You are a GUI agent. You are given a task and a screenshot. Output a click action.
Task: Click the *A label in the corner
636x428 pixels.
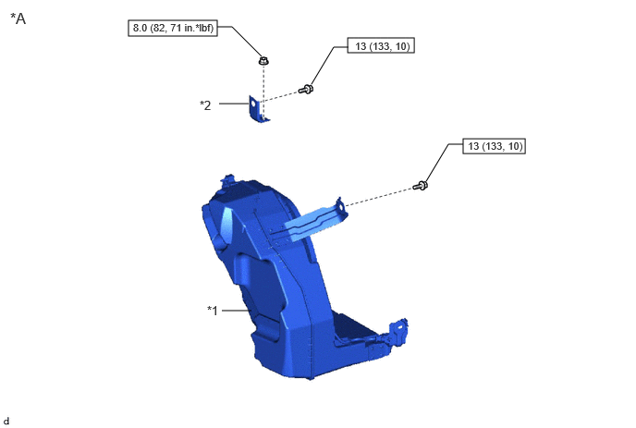point(18,18)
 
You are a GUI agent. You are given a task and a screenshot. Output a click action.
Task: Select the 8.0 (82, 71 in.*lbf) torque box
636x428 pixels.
point(173,28)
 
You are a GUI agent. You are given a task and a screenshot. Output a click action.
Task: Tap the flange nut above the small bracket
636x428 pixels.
point(263,61)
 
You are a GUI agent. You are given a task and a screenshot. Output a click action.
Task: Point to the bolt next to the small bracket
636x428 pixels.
point(306,89)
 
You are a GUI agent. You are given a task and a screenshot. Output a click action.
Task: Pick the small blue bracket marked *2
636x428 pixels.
point(258,109)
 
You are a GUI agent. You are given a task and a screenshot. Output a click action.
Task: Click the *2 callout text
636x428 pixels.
point(205,105)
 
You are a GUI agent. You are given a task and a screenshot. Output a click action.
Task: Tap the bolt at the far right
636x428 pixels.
point(421,186)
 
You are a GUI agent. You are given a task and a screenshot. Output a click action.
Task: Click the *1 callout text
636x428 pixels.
point(213,311)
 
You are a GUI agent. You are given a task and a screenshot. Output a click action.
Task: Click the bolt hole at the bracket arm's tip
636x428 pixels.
point(340,206)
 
